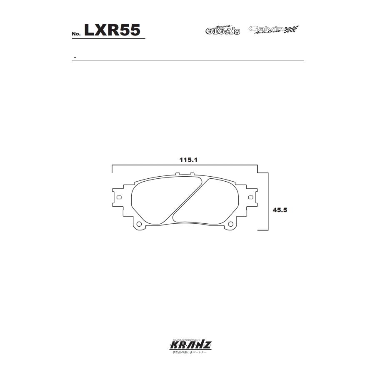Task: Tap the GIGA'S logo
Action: [x=222, y=30]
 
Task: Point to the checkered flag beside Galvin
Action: [x=292, y=30]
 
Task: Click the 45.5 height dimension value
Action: [x=280, y=210]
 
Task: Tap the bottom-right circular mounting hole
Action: [x=229, y=225]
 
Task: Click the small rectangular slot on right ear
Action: [x=250, y=197]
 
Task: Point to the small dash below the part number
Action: [x=74, y=57]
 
